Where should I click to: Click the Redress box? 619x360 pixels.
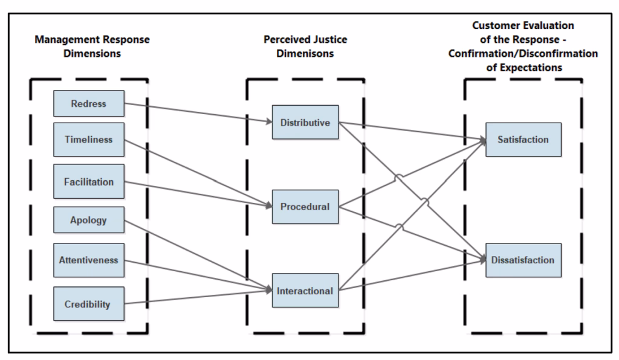[88, 103]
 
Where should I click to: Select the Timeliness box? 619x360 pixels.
[88, 140]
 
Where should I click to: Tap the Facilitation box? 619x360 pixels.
[88, 181]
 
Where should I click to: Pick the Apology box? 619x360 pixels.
[88, 220]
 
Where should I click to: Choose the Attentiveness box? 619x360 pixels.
[88, 260]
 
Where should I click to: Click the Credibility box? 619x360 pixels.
[88, 304]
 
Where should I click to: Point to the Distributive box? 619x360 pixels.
[305, 123]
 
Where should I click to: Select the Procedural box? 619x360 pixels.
[305, 207]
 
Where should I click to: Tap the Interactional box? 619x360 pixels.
[305, 291]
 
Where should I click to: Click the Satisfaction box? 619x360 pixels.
[523, 140]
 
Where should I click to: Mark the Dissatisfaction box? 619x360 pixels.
[523, 260]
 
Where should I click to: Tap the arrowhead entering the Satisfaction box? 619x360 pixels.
[482, 140]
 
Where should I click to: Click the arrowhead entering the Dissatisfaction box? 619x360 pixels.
[482, 260]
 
